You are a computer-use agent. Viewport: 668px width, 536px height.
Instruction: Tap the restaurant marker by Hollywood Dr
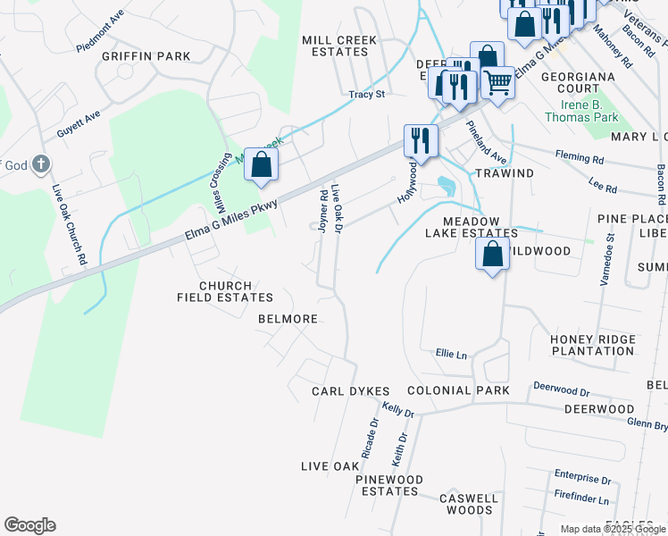pos(421,140)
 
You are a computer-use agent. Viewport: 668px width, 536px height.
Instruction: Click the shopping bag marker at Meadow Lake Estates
pos(492,254)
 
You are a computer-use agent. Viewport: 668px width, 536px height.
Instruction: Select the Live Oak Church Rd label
pos(68,224)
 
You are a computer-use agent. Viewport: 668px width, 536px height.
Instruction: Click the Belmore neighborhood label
pos(288,319)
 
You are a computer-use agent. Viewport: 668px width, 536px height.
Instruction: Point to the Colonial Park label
pos(458,390)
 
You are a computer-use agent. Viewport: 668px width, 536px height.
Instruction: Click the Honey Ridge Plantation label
pos(592,345)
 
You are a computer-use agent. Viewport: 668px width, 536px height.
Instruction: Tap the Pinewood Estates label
pos(388,486)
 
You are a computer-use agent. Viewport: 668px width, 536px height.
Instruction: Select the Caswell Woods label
pos(470,504)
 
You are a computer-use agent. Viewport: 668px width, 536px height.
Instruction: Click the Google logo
pos(29,525)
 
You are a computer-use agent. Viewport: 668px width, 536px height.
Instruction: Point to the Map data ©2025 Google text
pos(612,529)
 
